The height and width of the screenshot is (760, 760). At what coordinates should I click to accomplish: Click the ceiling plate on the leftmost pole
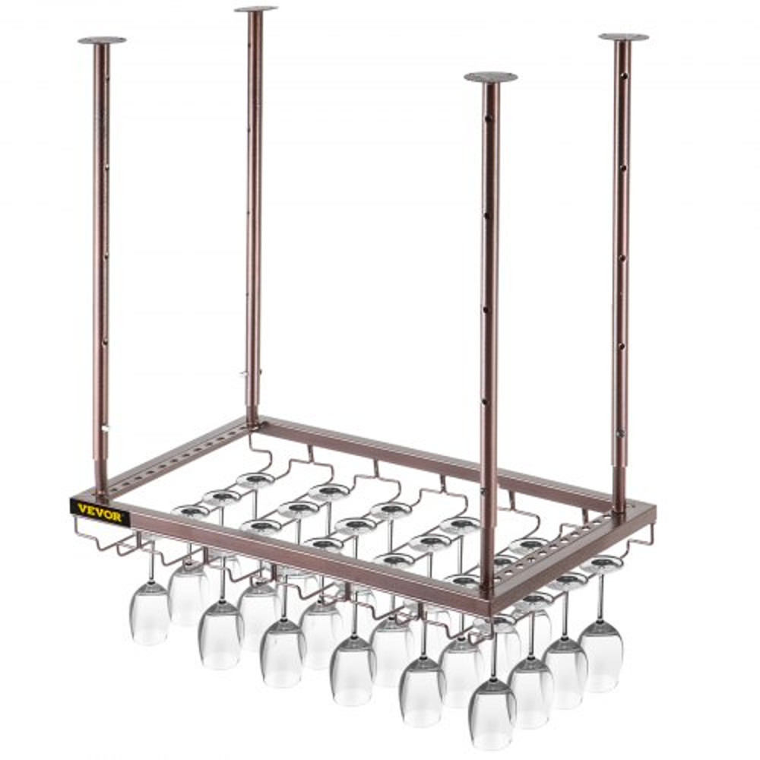102,40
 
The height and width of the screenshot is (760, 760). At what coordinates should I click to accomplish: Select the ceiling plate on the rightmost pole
623,36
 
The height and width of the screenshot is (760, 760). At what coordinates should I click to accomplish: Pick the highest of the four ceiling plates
255,9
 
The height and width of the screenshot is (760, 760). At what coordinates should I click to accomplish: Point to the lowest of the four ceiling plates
490,77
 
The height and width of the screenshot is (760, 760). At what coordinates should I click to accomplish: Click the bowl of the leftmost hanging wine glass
149,613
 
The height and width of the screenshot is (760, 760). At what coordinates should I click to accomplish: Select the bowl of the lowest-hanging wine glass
492,714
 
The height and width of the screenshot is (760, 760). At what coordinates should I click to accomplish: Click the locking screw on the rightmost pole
621,433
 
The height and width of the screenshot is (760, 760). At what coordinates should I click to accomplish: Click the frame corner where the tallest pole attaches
253,423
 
